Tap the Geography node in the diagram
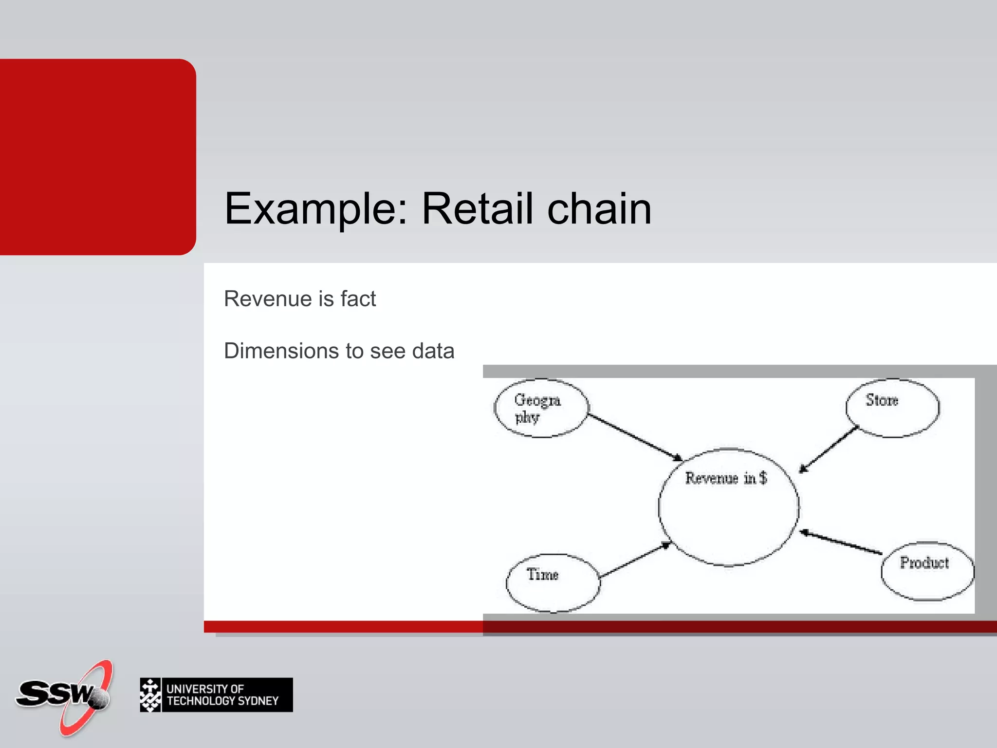tap(541, 408)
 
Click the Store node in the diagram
tap(892, 408)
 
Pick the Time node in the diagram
tap(553, 582)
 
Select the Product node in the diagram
tap(927, 571)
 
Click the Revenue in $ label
tap(725, 478)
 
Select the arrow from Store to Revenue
tap(829, 449)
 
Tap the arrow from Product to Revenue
tap(841, 542)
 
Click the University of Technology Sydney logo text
tap(222, 695)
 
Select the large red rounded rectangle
tap(97, 157)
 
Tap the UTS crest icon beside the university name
tap(150, 695)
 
